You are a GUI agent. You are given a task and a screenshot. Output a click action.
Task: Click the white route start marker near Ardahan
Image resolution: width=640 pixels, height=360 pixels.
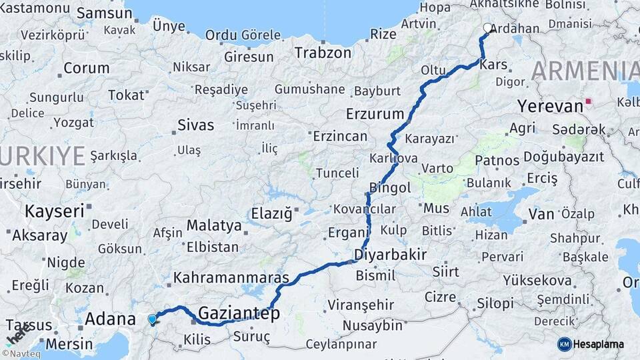click(x=487, y=29)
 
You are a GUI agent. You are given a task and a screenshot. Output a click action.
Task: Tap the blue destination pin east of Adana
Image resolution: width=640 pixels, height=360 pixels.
click(x=153, y=319)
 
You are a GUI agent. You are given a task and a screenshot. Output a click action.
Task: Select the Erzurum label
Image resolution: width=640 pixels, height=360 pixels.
click(x=375, y=113)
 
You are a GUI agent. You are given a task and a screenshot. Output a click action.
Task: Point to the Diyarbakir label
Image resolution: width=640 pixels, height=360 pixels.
click(x=390, y=254)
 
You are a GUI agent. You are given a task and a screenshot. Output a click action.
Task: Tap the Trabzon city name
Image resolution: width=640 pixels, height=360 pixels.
click(x=323, y=53)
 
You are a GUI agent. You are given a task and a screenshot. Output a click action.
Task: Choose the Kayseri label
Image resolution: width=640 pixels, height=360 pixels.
click(x=55, y=212)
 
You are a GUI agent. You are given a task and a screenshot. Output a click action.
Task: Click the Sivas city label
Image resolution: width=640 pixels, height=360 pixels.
click(x=196, y=125)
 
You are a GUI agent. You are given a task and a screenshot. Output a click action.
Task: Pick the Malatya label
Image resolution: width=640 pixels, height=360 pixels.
click(x=213, y=225)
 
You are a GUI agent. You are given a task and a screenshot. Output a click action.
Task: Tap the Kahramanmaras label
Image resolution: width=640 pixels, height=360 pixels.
click(x=231, y=277)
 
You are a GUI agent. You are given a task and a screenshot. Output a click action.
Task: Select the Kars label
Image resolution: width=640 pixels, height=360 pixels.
click(x=494, y=65)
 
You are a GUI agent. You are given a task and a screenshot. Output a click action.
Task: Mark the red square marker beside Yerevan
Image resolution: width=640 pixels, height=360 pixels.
click(x=588, y=103)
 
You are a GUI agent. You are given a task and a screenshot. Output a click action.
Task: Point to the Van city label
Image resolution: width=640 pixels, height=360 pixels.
click(x=541, y=214)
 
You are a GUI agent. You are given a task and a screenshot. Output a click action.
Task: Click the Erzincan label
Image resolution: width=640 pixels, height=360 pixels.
click(x=340, y=136)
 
